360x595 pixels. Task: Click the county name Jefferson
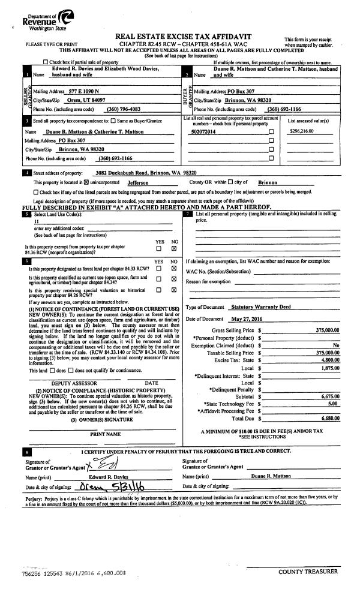[x=138, y=182]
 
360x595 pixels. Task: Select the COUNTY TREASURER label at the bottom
[x=308, y=572]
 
